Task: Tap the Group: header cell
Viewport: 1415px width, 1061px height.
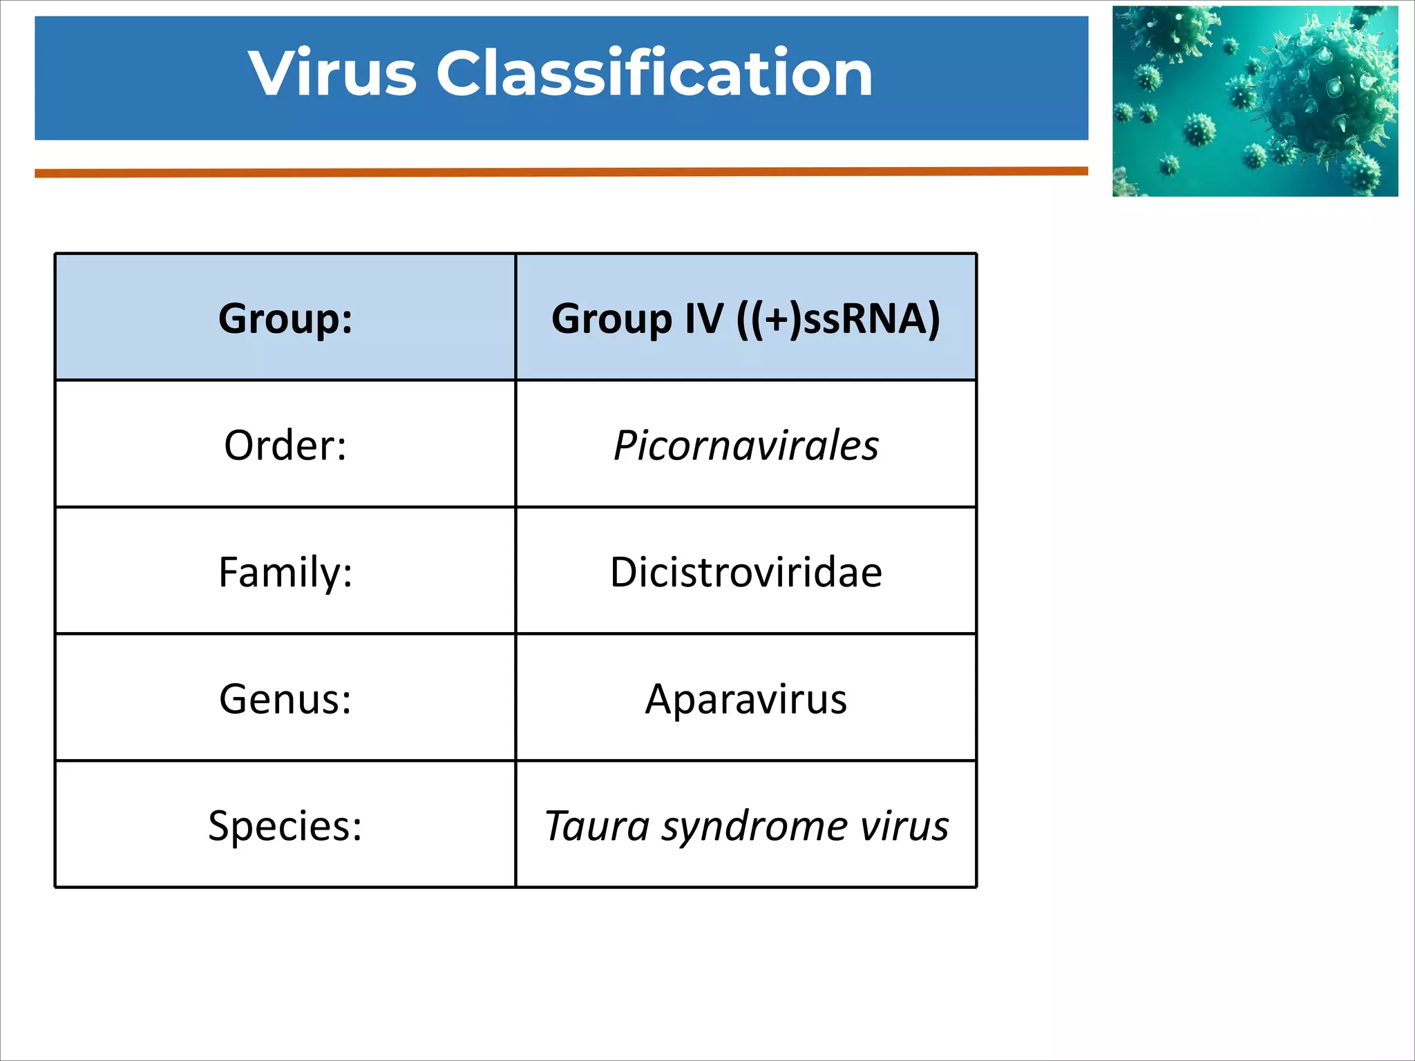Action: (285, 318)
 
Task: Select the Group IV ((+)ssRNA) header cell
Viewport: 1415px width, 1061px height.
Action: (746, 318)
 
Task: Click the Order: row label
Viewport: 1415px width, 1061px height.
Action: (285, 446)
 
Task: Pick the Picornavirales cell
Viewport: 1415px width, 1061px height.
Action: (746, 446)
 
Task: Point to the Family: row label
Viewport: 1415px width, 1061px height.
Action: (285, 573)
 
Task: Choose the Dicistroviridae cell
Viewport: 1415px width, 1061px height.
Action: (746, 573)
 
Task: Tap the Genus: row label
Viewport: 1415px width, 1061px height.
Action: (285, 699)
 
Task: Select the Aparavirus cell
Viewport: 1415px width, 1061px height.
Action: (746, 699)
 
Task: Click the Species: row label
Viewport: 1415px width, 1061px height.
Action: (285, 825)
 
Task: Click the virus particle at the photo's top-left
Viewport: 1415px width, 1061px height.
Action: (1168, 31)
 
